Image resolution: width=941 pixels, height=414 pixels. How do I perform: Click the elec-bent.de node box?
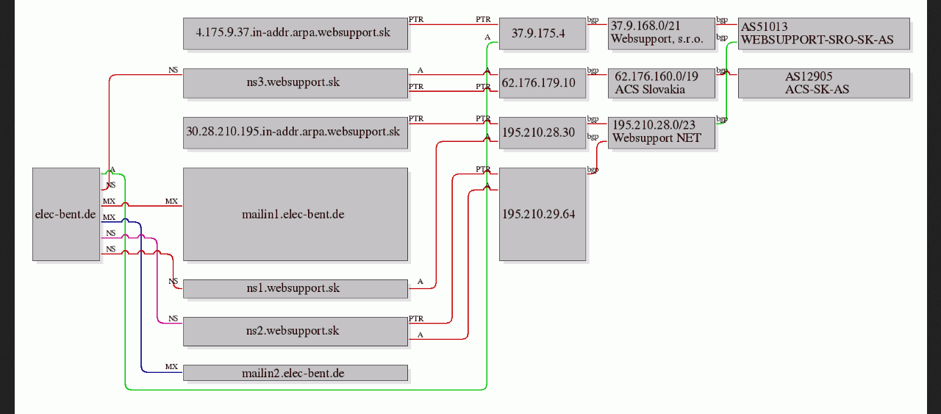click(66, 215)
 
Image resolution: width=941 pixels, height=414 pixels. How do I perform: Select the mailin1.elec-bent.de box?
click(296, 215)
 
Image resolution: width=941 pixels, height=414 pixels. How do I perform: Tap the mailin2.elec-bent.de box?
click(296, 373)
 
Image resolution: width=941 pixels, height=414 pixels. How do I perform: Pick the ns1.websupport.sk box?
click(296, 289)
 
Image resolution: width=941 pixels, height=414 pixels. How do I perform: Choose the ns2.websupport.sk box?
click(296, 332)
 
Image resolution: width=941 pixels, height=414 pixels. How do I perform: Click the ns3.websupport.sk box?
click(296, 83)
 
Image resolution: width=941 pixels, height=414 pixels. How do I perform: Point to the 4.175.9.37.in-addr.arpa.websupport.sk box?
click(296, 34)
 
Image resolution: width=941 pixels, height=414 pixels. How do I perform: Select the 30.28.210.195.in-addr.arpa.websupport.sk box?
click(296, 133)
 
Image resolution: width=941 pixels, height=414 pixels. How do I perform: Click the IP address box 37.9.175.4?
click(543, 34)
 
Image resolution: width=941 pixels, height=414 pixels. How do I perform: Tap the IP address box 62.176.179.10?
click(543, 83)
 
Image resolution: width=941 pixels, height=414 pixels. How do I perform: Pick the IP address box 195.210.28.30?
click(543, 133)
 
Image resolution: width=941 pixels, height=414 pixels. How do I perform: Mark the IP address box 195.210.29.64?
click(543, 215)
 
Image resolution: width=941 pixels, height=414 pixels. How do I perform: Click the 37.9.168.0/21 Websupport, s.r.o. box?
click(662, 34)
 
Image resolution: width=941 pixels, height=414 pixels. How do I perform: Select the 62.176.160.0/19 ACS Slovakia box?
click(662, 83)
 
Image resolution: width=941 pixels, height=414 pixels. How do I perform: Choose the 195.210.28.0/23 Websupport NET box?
click(662, 133)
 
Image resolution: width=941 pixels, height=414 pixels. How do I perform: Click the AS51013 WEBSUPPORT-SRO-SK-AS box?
click(824, 34)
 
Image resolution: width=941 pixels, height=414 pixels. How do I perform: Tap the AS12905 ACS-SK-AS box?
click(824, 83)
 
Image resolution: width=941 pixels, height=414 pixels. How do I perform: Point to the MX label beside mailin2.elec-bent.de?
click(171, 366)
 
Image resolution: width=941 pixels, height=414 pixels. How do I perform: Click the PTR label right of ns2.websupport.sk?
click(416, 318)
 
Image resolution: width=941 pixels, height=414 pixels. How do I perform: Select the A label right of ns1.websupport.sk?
click(420, 281)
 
